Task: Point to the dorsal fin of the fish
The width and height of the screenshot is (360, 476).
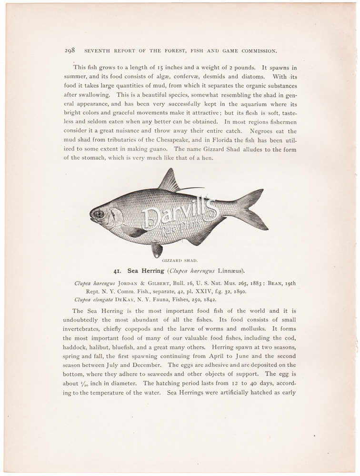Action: (168, 181)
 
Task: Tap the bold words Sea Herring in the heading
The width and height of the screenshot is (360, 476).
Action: (145, 271)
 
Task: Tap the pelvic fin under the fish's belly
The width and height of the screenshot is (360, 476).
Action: (157, 248)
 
